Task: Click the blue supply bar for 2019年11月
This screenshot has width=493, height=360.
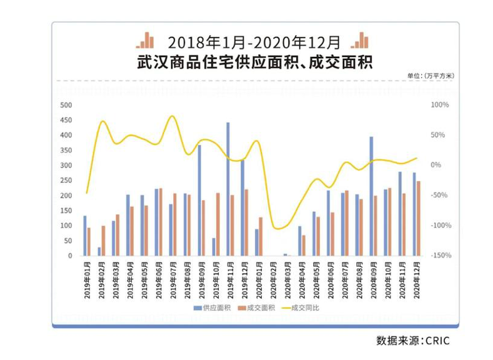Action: (x=228, y=189)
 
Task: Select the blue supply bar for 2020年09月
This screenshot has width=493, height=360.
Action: (x=371, y=196)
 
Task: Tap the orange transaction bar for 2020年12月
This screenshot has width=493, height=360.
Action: (x=419, y=218)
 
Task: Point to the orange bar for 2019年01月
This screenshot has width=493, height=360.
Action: (x=89, y=241)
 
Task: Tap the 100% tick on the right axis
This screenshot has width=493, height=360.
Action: (x=441, y=105)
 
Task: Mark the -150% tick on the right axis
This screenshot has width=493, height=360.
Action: (x=441, y=256)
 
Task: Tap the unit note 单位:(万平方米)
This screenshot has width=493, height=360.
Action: (x=431, y=76)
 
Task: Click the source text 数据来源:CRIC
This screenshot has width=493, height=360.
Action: (x=412, y=341)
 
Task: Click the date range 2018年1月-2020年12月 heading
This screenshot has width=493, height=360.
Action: (x=254, y=42)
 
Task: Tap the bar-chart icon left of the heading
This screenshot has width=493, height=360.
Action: (x=146, y=41)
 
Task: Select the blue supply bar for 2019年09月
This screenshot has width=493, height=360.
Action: (x=199, y=200)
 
